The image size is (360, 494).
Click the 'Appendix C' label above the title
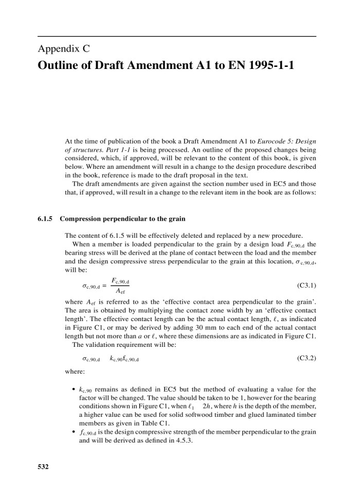pyautogui.click(x=64, y=49)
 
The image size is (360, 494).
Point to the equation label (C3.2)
pyautogui.click(x=307, y=359)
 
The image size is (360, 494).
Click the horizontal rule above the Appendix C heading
pyautogui.click(x=177, y=36)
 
